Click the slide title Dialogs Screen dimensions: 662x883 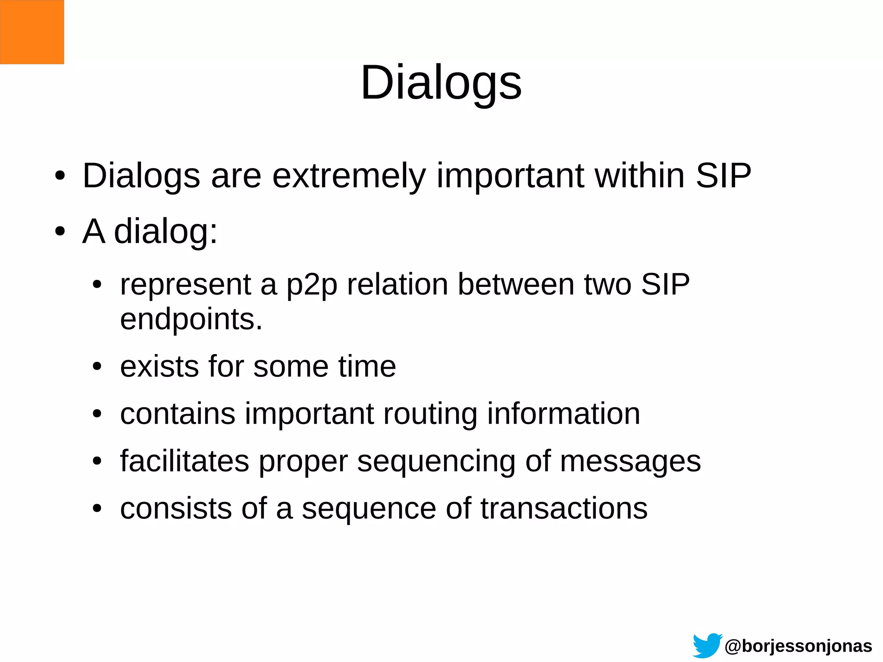pyautogui.click(x=441, y=83)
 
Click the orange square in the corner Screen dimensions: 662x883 pyautogui.click(x=32, y=32)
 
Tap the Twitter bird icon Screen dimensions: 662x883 pyautogui.click(x=707, y=646)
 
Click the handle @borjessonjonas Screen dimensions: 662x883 pyautogui.click(x=798, y=646)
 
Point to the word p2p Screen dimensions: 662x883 pyautogui.click(x=312, y=285)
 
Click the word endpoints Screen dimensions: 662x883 pyautogui.click(x=191, y=319)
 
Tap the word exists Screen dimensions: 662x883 pyautogui.click(x=159, y=367)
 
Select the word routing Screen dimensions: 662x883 pyautogui.click(x=430, y=414)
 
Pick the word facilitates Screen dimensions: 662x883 pyautogui.click(x=185, y=461)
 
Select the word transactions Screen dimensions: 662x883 pyautogui.click(x=564, y=508)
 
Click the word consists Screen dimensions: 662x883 pyautogui.click(x=175, y=508)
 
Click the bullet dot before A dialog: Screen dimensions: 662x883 pyautogui.click(x=60, y=232)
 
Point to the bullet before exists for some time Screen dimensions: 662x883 pyautogui.click(x=97, y=367)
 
